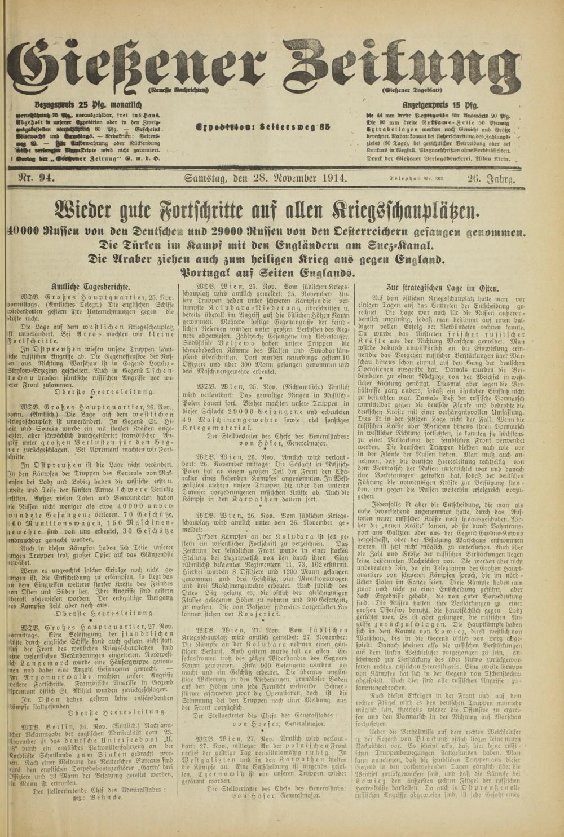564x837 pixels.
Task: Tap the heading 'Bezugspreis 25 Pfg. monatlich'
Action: point(88,104)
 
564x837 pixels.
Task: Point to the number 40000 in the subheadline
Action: point(26,232)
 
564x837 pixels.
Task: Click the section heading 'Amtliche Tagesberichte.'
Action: point(90,287)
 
